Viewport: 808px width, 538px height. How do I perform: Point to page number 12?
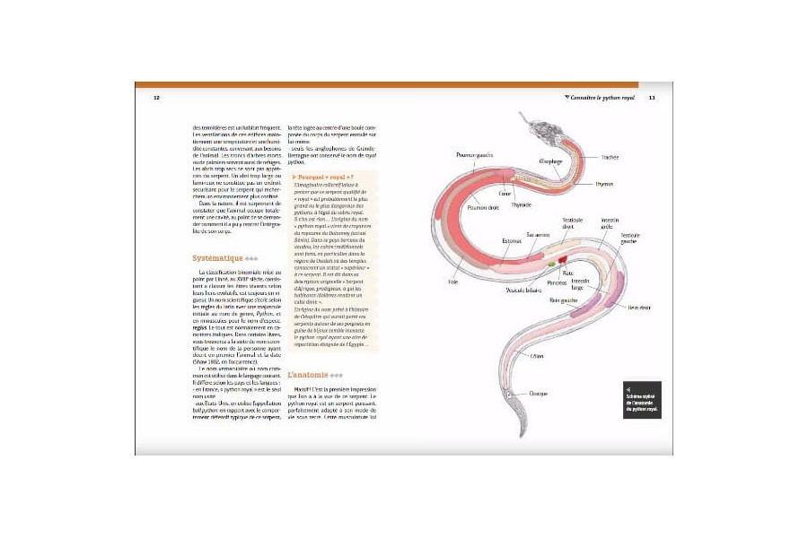point(156,98)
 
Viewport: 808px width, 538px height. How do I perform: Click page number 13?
point(653,98)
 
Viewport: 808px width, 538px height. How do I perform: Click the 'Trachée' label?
point(610,157)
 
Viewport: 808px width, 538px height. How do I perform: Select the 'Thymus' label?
point(604,184)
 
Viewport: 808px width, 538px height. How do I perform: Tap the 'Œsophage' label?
point(550,161)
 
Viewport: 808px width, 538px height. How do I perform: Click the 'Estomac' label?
point(511,239)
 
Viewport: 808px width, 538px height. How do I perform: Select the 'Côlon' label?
point(537,356)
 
